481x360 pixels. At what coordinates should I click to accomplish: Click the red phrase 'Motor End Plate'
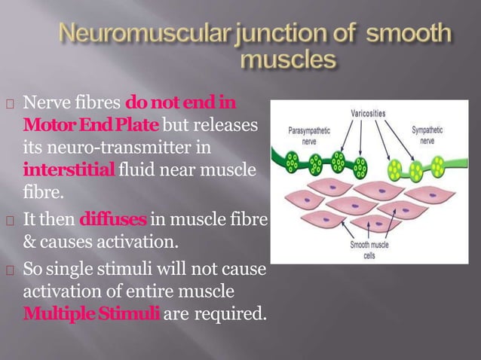91,122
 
